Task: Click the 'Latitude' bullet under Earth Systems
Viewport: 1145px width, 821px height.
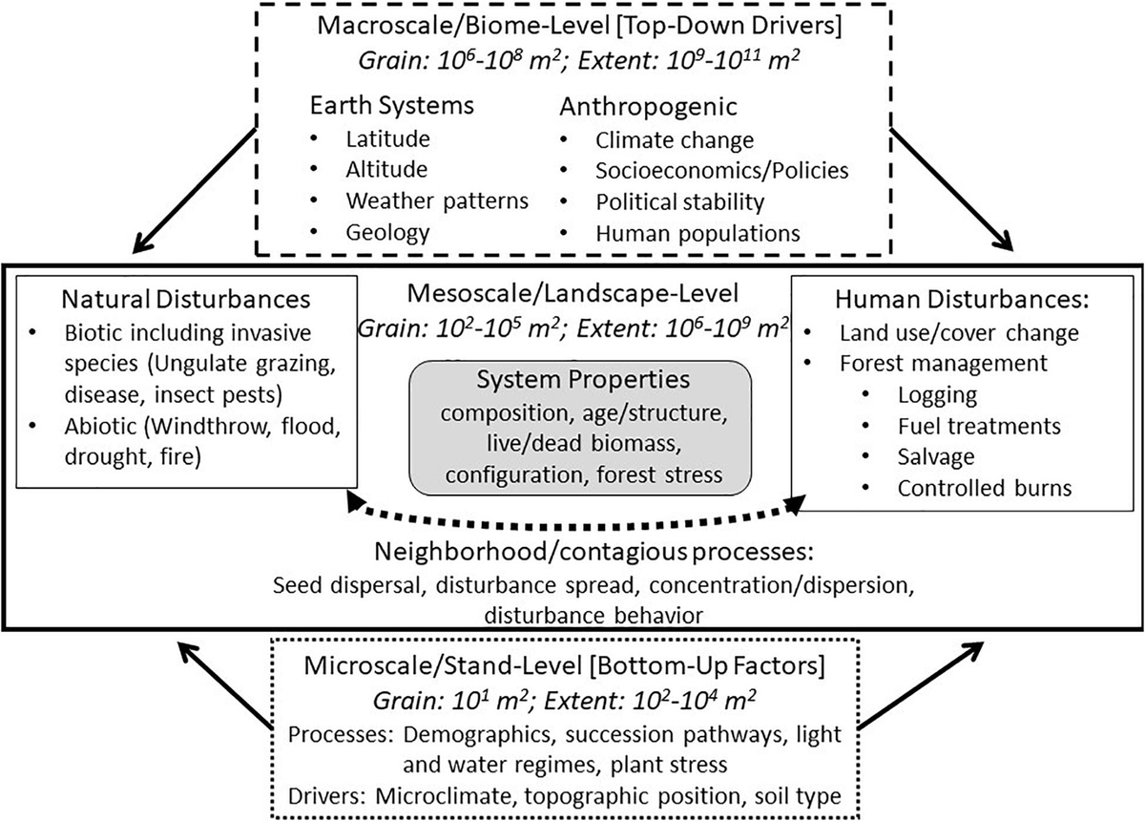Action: [x=387, y=138]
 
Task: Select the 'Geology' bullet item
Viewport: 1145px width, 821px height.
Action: [x=387, y=231]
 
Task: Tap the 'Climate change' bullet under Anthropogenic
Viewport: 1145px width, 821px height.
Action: [x=674, y=139]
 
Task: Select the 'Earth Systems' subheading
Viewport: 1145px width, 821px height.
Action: [x=391, y=105]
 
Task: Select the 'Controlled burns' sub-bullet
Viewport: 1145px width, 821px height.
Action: [x=984, y=488]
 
